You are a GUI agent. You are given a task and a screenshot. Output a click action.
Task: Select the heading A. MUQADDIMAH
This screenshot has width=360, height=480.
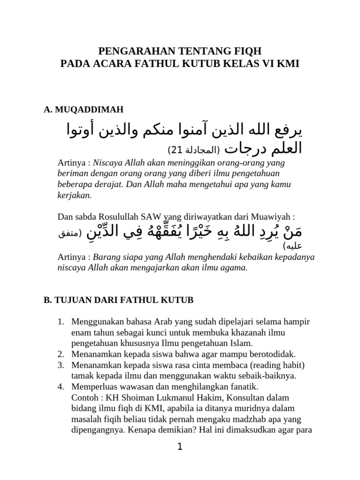[83, 110]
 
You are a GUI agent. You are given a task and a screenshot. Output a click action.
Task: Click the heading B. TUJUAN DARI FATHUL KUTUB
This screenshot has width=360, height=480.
[118, 300]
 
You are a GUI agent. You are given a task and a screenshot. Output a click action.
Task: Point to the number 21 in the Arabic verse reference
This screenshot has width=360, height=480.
[177, 150]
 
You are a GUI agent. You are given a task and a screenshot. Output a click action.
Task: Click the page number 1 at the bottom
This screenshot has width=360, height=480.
[180, 447]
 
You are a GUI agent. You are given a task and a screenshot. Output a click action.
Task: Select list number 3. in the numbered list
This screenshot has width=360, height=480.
[60, 365]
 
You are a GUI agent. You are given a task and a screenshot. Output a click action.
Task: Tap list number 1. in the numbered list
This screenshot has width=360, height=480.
[60, 322]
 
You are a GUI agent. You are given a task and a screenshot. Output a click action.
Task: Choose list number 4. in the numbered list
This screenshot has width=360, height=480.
[60, 387]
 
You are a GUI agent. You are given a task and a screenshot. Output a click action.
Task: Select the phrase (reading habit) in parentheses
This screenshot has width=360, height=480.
[277, 365]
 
